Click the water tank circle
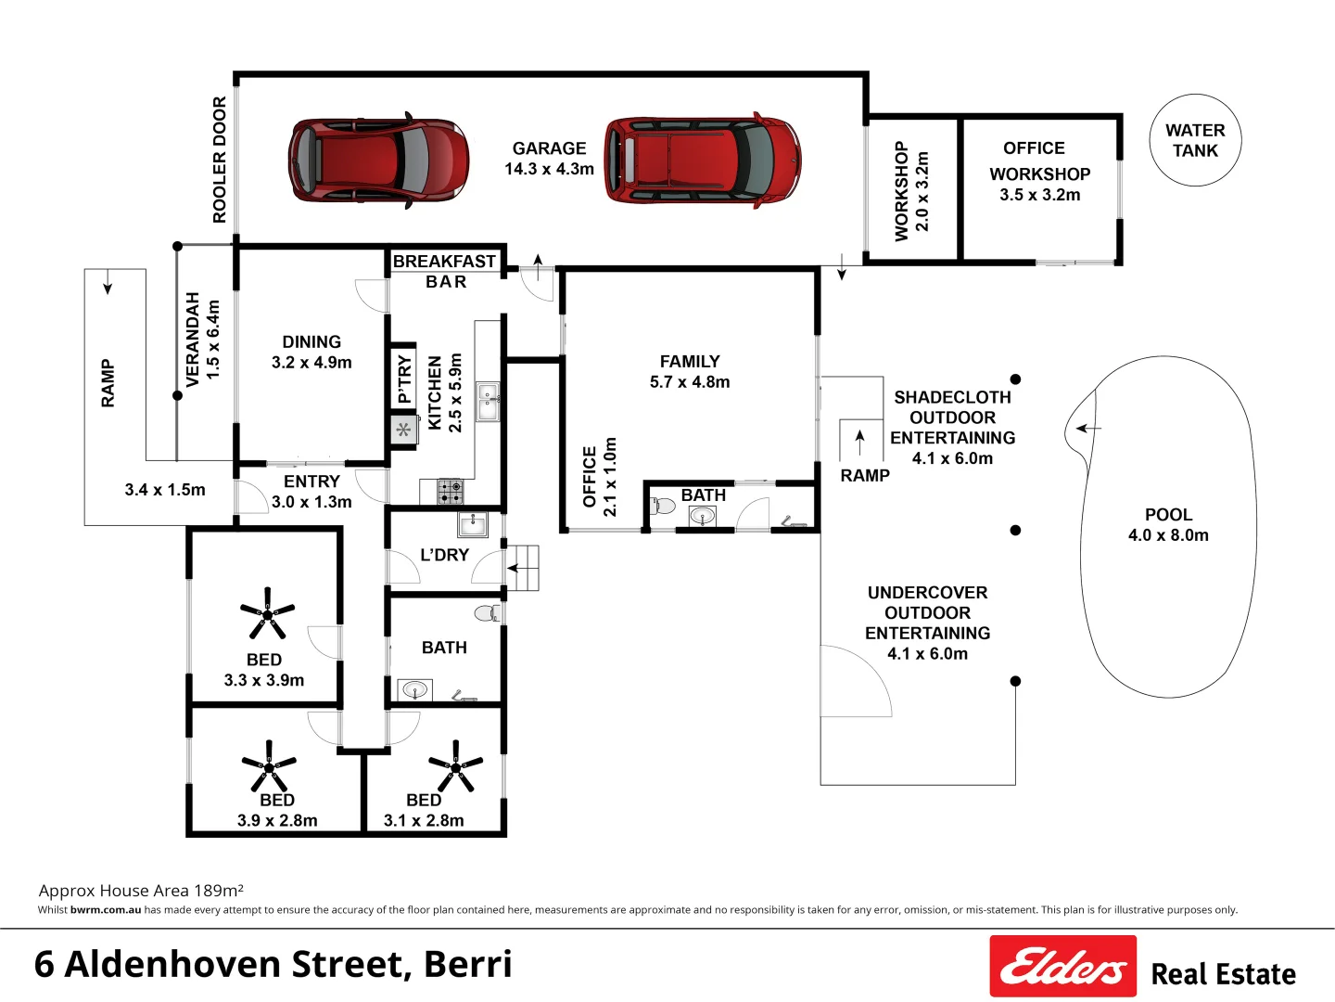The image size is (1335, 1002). pos(1195,140)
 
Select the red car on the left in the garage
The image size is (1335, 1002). pos(378,160)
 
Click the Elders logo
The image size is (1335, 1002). pos(1062,966)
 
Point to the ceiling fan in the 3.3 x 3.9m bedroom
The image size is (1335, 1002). pos(267,613)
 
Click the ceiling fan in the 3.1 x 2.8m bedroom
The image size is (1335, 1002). pos(455,765)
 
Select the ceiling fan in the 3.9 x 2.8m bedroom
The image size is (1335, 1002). pos(269,765)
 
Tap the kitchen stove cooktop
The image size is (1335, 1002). pos(451,491)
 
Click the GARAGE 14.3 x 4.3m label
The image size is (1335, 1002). pos(549,159)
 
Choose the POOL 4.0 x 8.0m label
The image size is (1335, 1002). pos(1168,525)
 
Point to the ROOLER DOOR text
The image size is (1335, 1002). pos(220,160)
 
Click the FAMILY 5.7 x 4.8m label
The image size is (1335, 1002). pos(690,371)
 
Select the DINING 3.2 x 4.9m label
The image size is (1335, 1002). pos(311,353)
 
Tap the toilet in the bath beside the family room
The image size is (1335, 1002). pos(663,507)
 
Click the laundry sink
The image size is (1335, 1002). pos(473,524)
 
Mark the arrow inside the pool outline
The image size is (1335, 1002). pos(1088,429)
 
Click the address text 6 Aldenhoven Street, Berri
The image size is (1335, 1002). pos(273,965)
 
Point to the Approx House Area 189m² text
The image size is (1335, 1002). pos(141,891)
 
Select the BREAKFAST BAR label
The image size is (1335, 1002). pos(445,271)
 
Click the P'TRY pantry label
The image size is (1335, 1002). pos(404,379)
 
